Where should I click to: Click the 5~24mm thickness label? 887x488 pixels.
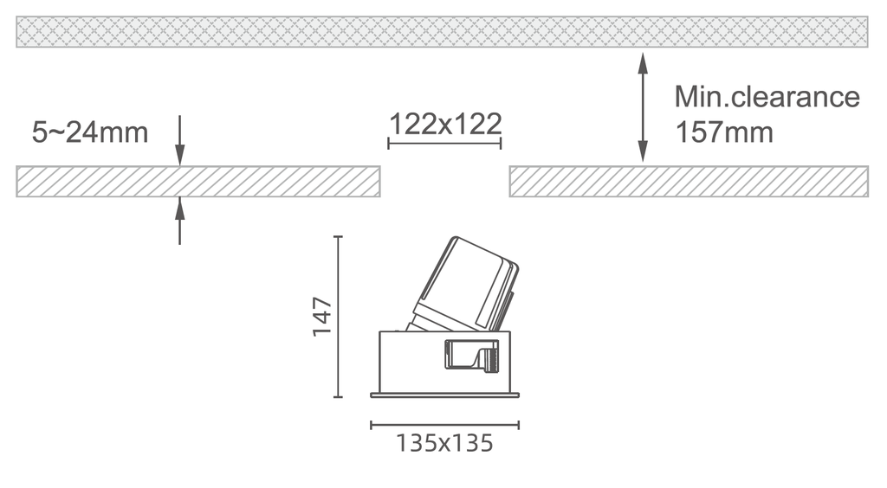89,132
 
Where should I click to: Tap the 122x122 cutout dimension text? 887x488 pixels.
444,124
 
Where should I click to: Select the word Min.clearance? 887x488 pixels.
767,96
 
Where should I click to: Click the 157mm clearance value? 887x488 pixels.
724,133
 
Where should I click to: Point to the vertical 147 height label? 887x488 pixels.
322,317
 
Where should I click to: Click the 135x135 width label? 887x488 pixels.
444,443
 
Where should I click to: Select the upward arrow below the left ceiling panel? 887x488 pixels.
179,221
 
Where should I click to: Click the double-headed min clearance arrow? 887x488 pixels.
642,107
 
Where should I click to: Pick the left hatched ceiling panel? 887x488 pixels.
197,182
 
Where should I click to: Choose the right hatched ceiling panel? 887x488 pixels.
688,182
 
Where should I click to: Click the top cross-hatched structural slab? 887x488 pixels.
442,31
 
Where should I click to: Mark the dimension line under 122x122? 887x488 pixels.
444,142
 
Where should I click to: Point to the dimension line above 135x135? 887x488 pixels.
444,424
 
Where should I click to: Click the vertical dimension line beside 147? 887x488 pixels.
339,317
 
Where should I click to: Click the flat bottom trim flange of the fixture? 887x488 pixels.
444,395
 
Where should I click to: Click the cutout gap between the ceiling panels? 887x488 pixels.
444,182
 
